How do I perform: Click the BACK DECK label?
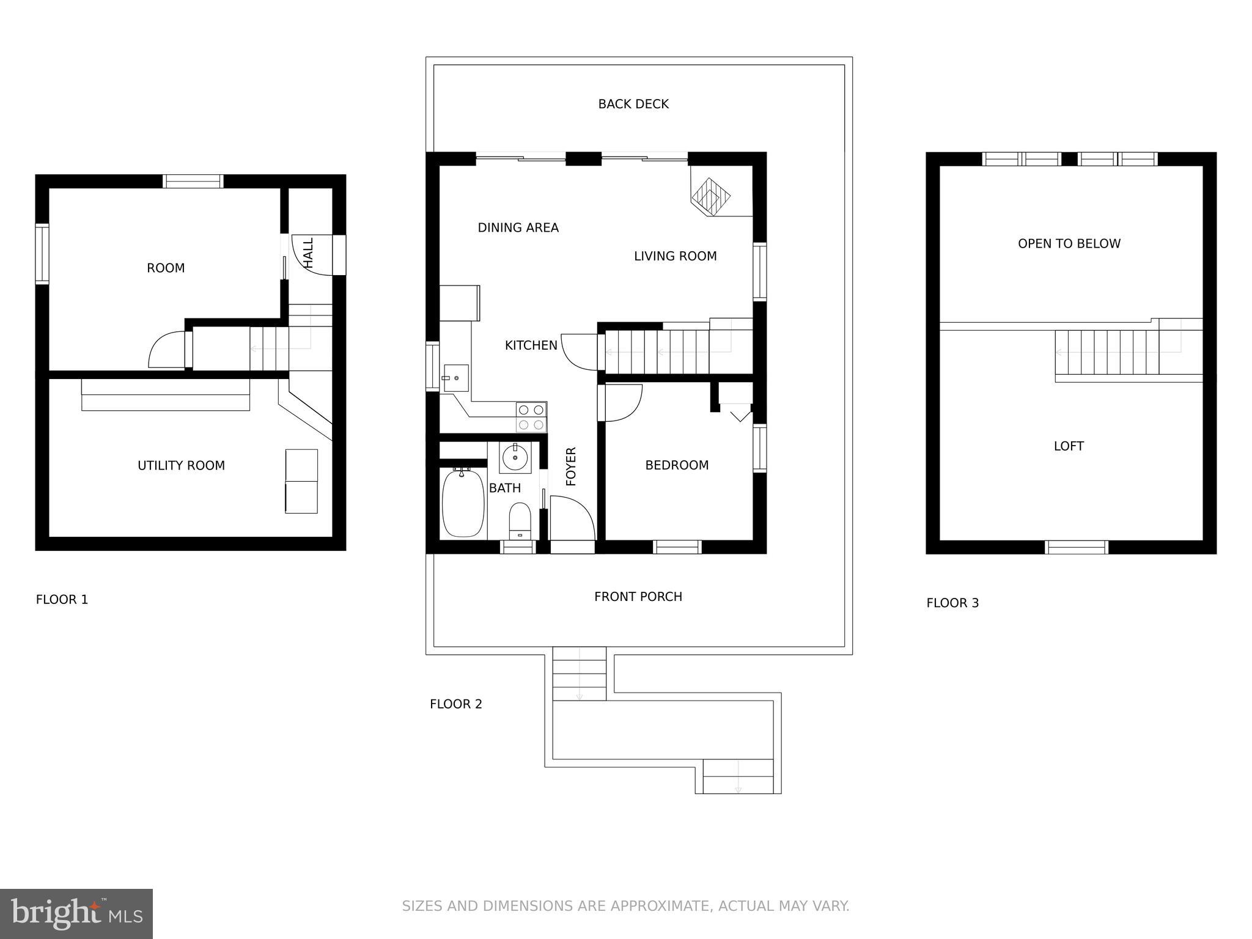633,105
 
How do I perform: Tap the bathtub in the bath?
463,503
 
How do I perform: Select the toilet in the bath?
520,520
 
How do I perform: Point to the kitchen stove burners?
531,417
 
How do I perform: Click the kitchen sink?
455,378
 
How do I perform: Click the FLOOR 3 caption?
952,603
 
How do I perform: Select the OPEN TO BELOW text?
1069,244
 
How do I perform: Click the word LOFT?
1068,446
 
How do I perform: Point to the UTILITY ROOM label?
181,466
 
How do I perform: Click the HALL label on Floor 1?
309,253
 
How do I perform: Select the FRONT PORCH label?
638,597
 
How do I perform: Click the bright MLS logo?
76,914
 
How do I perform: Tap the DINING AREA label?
518,228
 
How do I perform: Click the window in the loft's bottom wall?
1076,547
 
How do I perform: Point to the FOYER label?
571,466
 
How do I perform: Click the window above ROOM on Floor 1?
193,181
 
